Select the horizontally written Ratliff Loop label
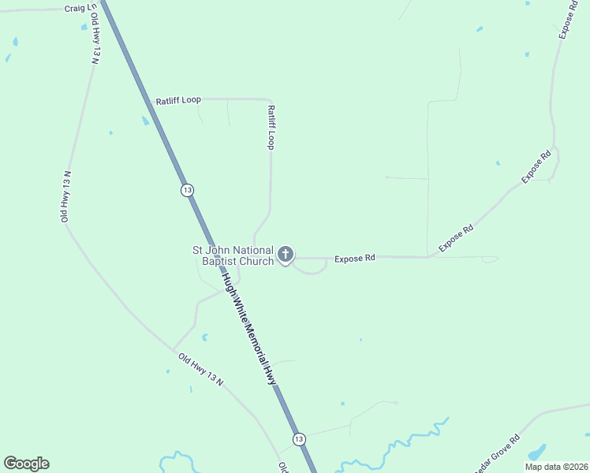pos(178,100)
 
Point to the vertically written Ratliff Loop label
pos(271,128)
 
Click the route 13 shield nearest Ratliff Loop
pos(186,190)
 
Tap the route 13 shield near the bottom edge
pos(298,438)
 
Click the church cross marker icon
pos(286,255)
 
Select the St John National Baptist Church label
pos(234,255)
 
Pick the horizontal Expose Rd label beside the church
pos(354,258)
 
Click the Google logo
pos(26,464)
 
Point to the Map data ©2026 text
pos(555,467)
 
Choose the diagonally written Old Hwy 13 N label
pos(201,370)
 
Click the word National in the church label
pos(250,250)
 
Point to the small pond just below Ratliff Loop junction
pos(145,121)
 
